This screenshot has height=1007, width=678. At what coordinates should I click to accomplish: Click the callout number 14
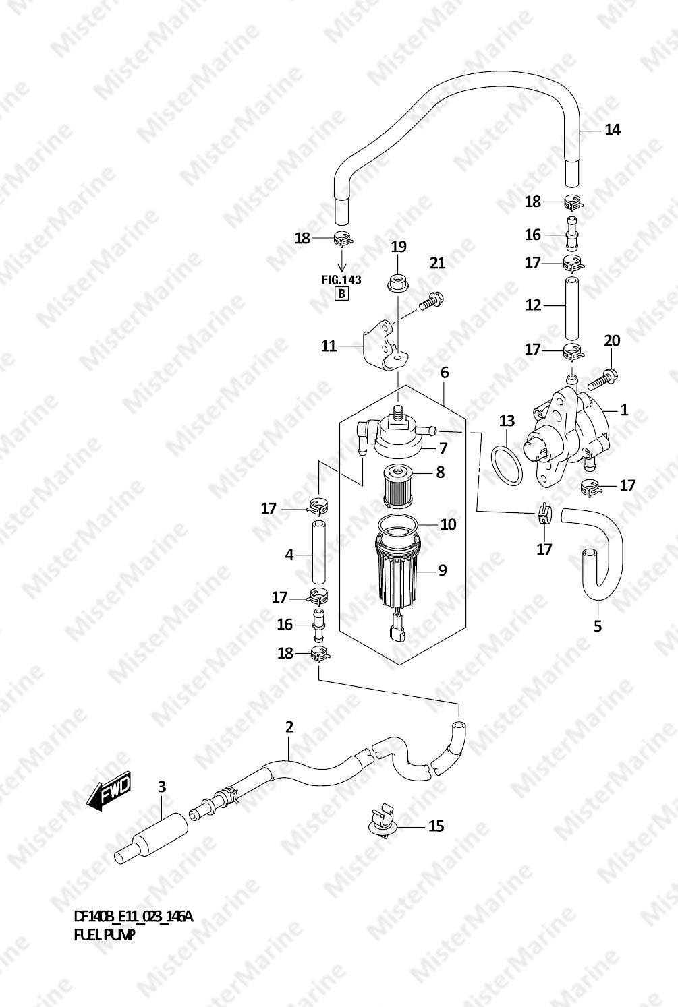tap(613, 130)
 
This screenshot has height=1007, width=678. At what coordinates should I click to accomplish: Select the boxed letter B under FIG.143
tap(341, 294)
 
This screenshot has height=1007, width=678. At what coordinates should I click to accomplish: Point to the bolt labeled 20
tap(602, 379)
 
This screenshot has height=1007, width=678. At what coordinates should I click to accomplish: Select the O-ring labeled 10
tap(398, 524)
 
